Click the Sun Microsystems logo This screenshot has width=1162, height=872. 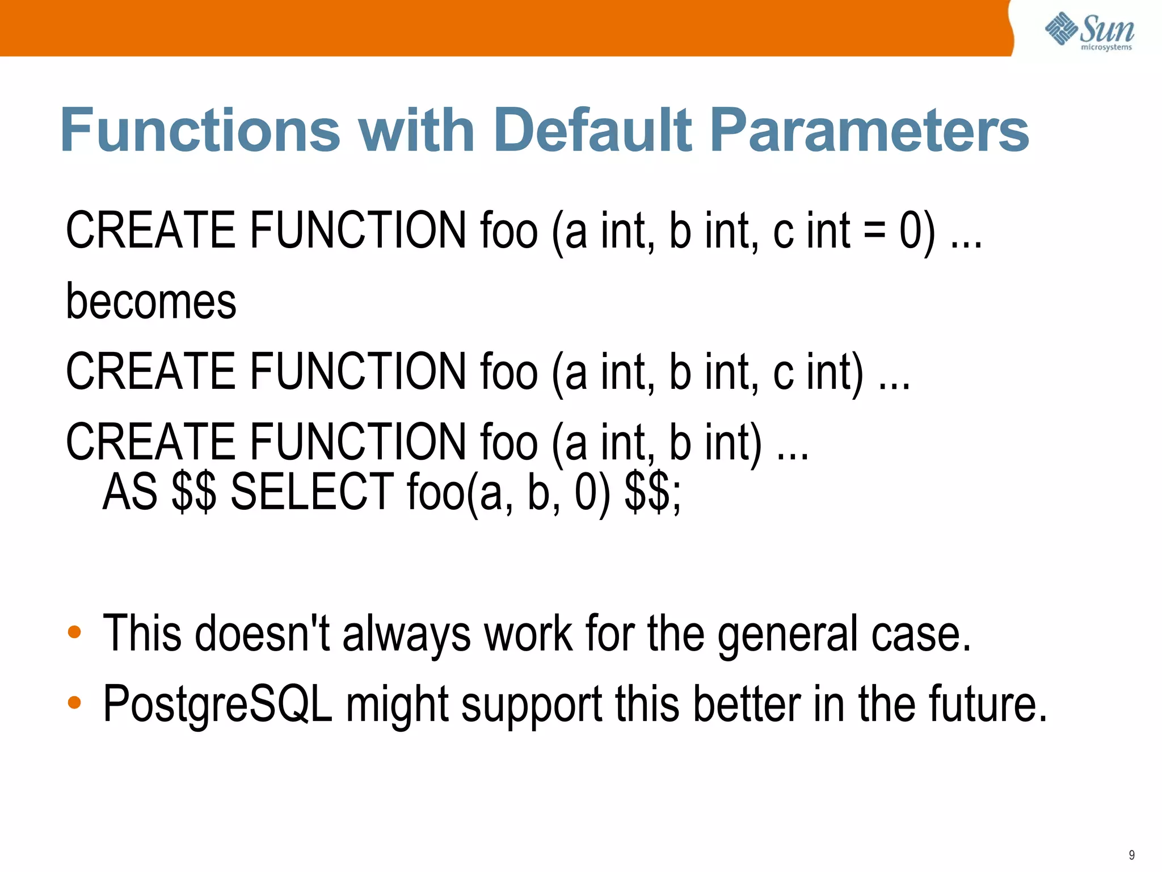[1089, 31]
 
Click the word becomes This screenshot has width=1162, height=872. [151, 301]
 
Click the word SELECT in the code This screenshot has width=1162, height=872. [312, 492]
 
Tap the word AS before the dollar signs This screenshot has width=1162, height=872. [130, 492]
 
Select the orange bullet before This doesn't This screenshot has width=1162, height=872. [74, 632]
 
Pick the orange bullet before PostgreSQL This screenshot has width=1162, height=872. [74, 703]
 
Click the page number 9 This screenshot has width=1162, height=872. [1131, 855]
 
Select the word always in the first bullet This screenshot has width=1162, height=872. [406, 635]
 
